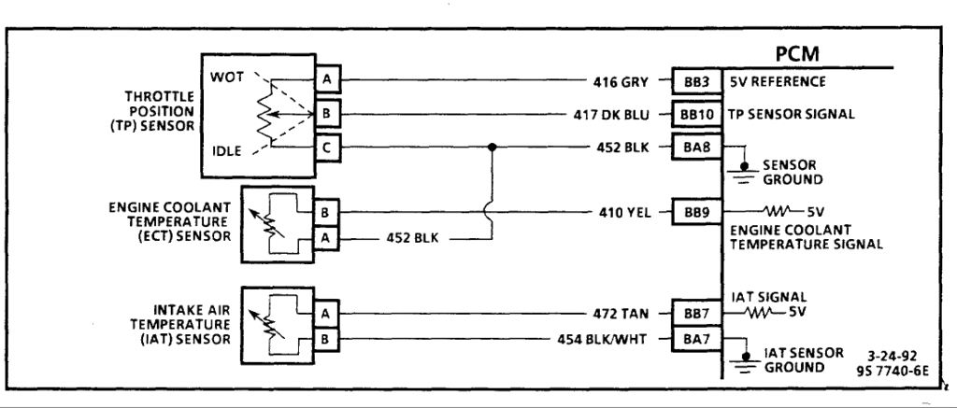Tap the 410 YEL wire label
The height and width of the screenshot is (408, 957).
click(621, 212)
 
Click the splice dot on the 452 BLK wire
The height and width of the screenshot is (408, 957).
click(492, 148)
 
